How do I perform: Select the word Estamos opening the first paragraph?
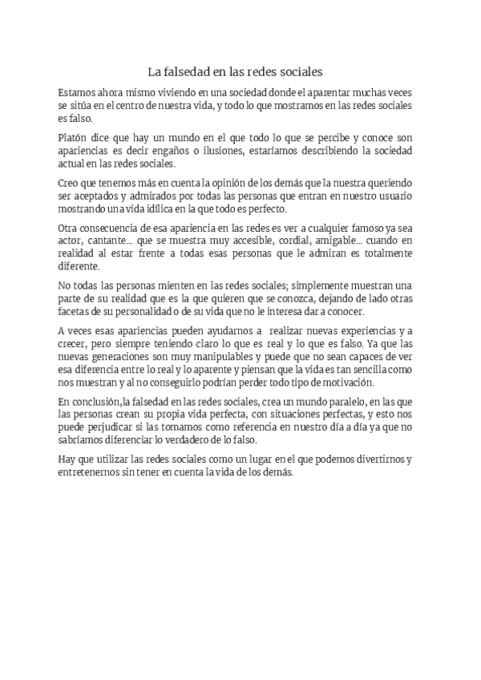[79, 91]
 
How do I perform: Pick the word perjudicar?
[107, 427]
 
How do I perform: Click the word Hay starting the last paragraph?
[68, 459]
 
